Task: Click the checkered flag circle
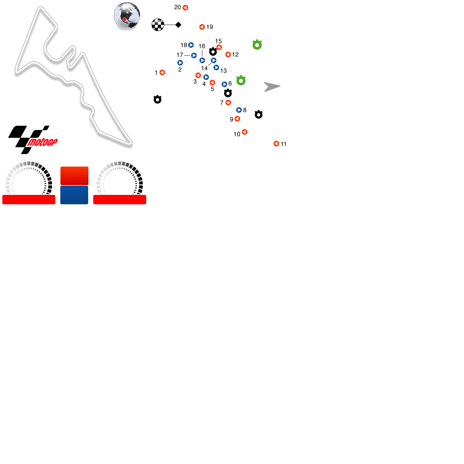coord(158,25)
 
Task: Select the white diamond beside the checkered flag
coord(178,25)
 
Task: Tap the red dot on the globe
coord(124,19)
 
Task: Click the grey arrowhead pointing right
coord(271,87)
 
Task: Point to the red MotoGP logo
coord(43,142)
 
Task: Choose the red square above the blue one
coord(74,176)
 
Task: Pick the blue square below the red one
coord(74,195)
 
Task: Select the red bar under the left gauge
coord(29,200)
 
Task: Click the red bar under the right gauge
coord(120,200)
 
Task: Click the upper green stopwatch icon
coord(257,45)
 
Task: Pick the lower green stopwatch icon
coord(241,80)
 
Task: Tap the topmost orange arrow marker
coord(185,7)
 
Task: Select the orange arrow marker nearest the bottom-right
coord(276,143)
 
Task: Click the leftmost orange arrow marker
coord(162,72)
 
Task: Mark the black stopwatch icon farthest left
coord(157,99)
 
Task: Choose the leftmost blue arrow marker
coord(180,63)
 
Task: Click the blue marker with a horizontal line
coord(193,56)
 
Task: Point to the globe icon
coord(127,15)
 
